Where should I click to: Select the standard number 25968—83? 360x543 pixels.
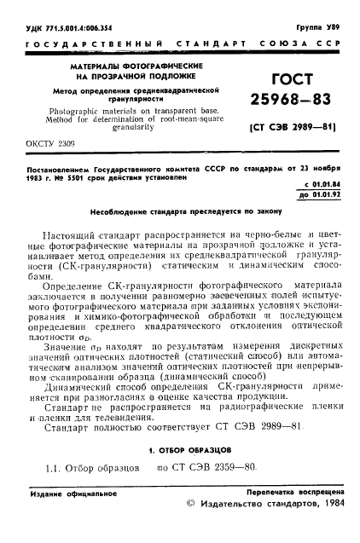tap(290, 104)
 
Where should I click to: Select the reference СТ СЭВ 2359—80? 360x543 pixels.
tap(210, 468)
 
